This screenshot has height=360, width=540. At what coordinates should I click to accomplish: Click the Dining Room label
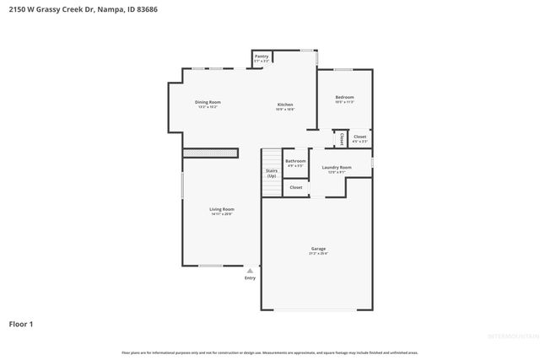coord(208,102)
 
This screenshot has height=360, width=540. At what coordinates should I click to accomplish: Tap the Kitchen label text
coord(285,105)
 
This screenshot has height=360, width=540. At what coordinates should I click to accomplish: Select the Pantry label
coord(262,56)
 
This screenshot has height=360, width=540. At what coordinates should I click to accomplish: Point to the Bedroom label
coord(344,97)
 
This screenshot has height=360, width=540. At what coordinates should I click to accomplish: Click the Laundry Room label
coord(337,167)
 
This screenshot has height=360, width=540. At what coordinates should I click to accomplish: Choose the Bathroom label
coord(295,160)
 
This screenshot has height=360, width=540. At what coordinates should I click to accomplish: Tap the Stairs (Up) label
coord(272,173)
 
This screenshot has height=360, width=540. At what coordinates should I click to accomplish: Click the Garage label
coord(318,249)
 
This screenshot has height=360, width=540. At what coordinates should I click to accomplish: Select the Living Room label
coord(222,209)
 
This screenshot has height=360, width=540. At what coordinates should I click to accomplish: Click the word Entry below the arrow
coord(250,277)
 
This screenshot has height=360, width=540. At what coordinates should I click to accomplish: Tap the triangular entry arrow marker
coord(250,271)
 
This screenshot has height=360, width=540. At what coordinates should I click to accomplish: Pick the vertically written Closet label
coord(342,138)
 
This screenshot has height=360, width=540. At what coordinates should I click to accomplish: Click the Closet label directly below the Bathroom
coord(295,187)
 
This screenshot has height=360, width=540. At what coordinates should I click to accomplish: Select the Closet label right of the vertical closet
coord(359,137)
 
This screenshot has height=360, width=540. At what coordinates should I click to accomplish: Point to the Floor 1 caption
coord(21,323)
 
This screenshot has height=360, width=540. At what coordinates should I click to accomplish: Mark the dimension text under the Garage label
coord(318,254)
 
